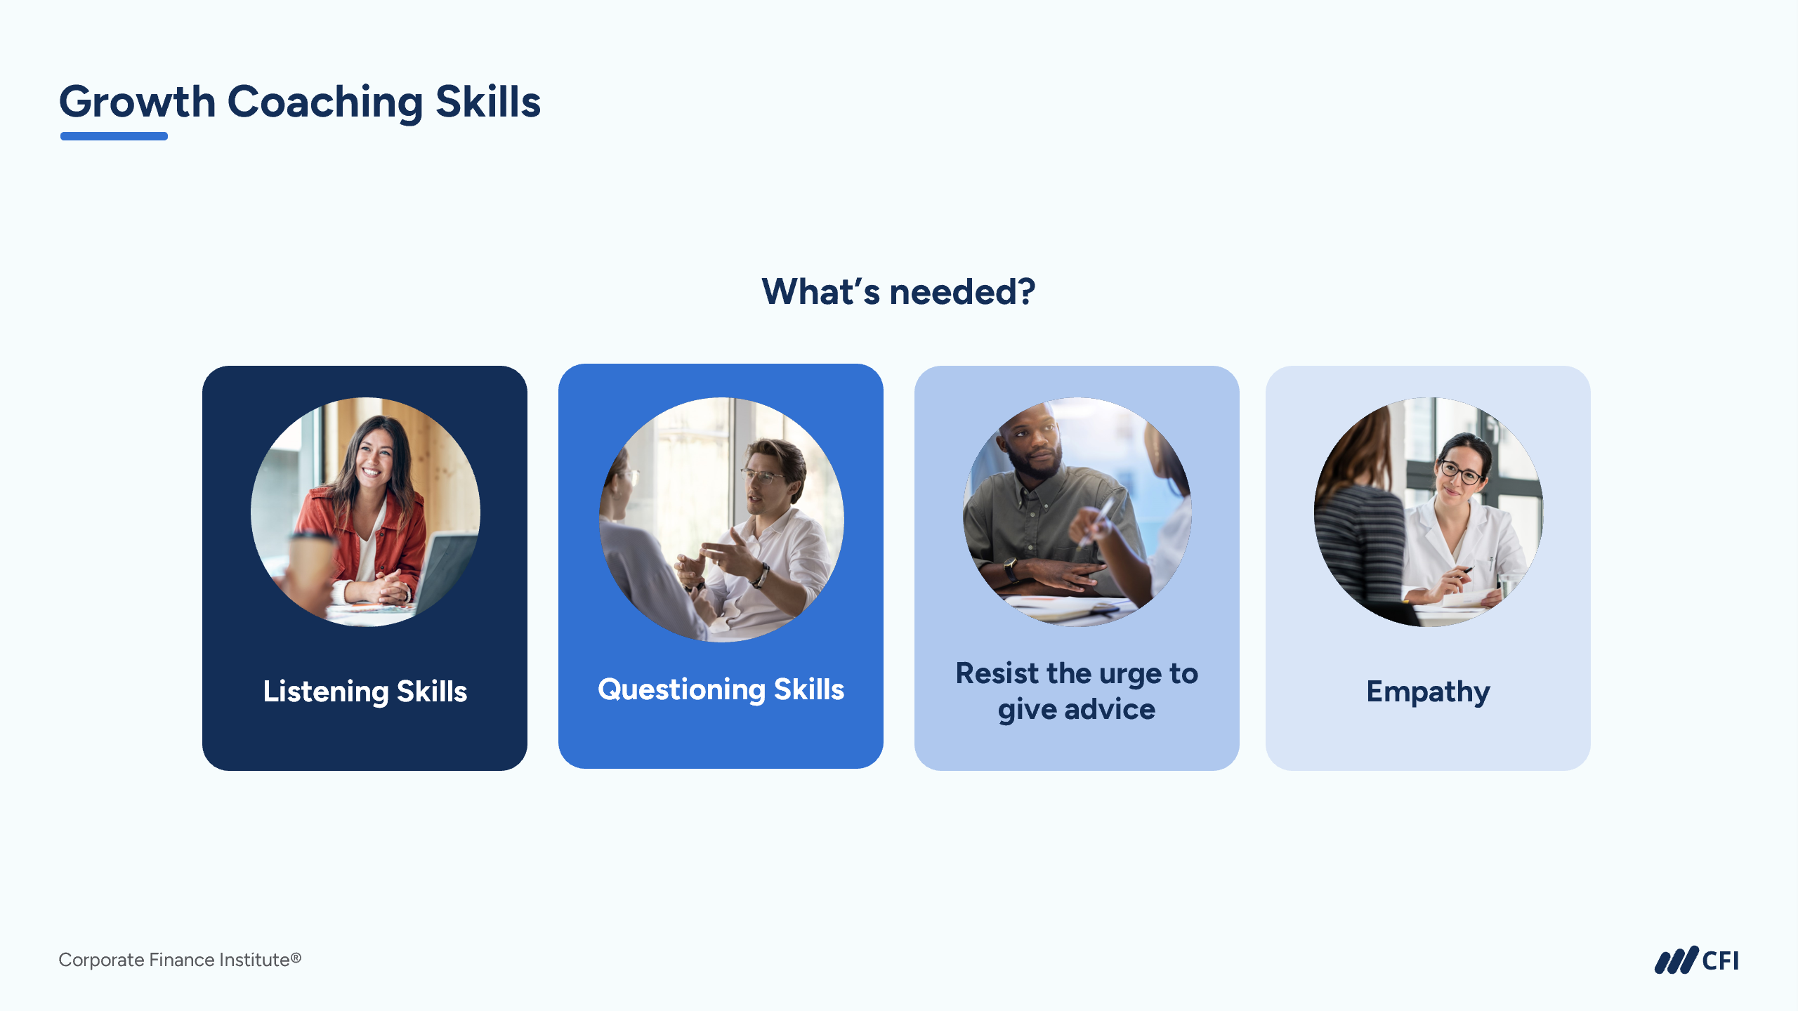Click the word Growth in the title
(137, 103)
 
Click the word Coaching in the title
(325, 103)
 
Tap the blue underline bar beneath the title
(114, 136)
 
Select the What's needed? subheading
(898, 291)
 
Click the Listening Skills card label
(365, 692)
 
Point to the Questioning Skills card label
(721, 689)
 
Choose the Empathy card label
(1428, 692)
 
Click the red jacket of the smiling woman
(365, 541)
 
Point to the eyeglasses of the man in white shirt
(761, 477)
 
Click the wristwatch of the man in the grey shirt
(1011, 568)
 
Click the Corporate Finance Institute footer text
(180, 960)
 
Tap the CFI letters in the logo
(1720, 960)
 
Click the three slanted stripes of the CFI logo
(1676, 960)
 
